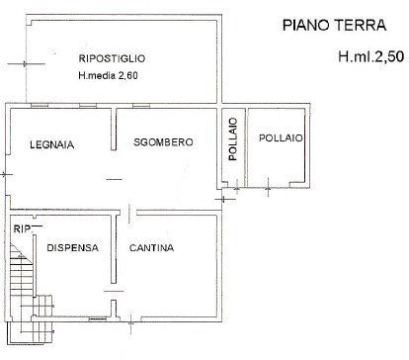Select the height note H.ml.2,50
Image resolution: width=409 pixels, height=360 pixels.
point(370,57)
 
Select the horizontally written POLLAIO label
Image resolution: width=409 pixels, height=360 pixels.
point(281,138)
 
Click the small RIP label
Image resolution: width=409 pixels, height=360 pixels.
point(19,230)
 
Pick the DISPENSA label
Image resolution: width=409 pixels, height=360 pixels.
point(72,248)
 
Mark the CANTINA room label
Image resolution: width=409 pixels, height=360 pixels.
point(151,248)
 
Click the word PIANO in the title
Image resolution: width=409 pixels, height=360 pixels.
point(301,24)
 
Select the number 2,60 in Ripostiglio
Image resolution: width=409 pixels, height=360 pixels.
point(130,75)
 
